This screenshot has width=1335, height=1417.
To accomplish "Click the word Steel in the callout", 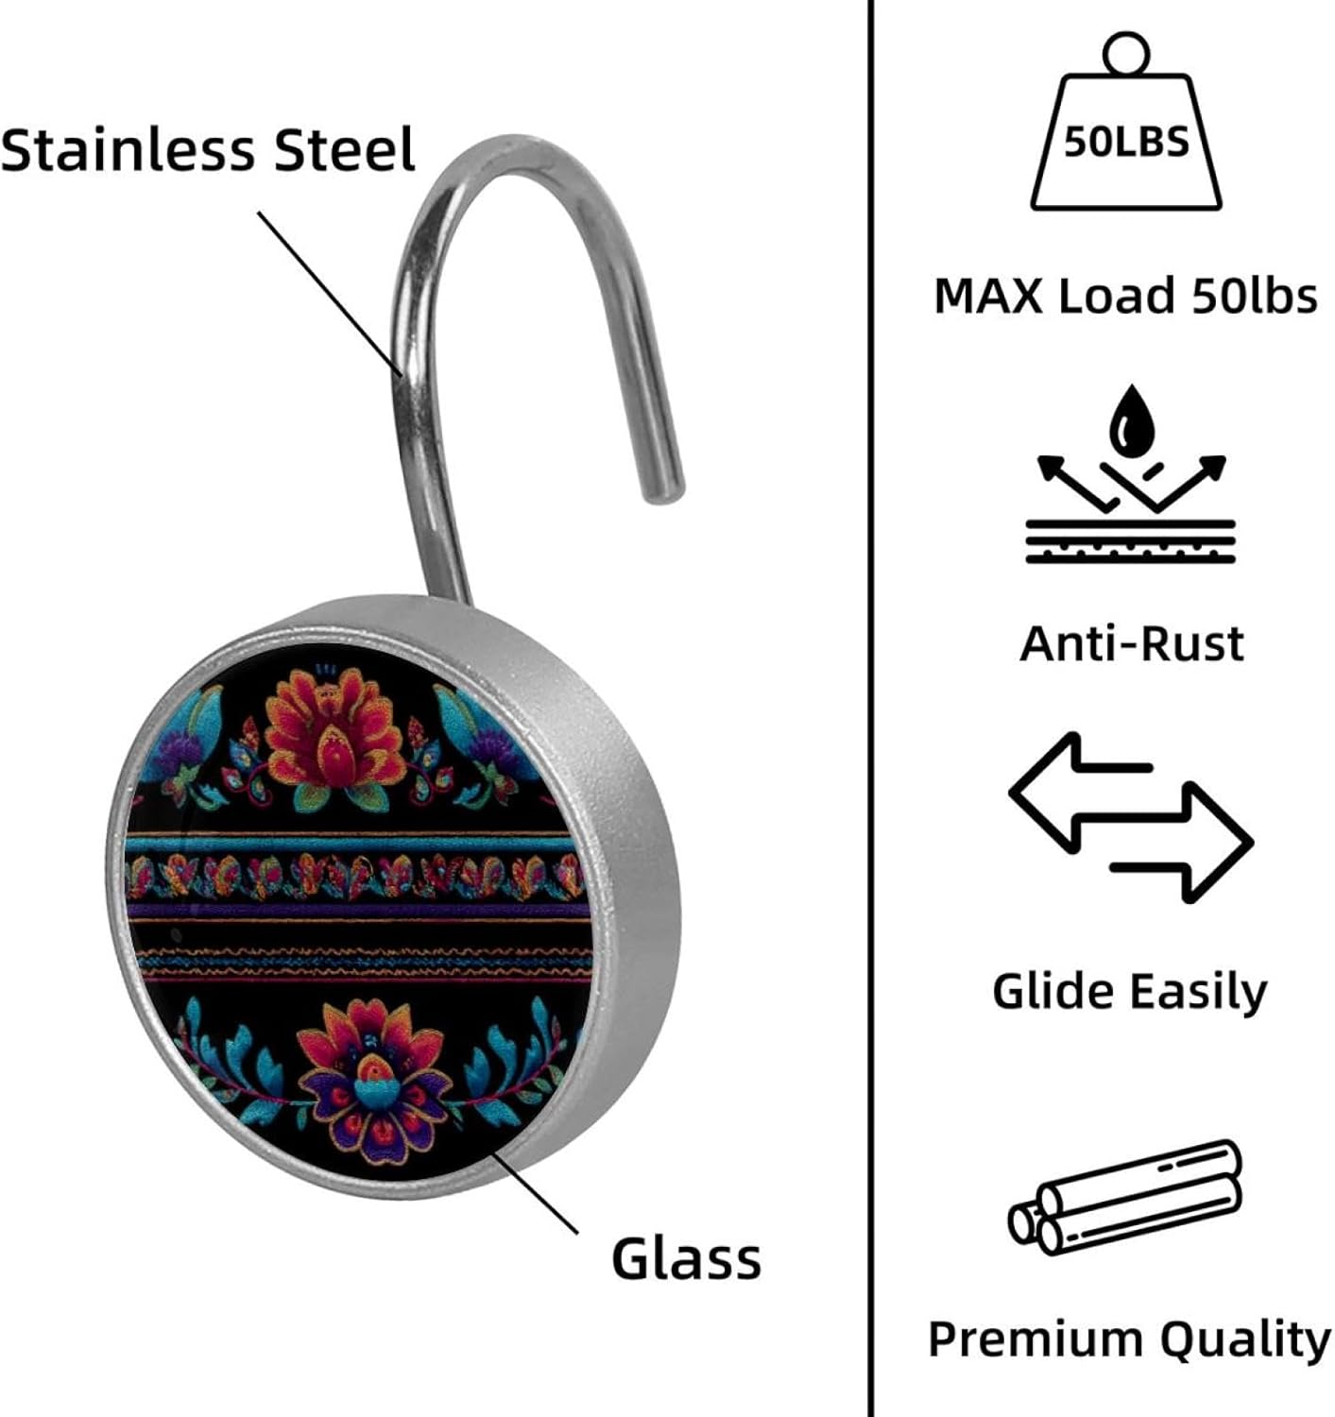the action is pos(345,150).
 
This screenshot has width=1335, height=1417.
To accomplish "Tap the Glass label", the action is pos(686,1258).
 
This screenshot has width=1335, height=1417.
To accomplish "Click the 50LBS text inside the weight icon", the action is pos(1126,143).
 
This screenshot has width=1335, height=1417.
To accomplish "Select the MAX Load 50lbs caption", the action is pos(1125,296).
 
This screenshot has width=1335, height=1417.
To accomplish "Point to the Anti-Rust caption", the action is pos(1131,643).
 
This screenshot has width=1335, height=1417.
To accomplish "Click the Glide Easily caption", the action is pos(1130,991).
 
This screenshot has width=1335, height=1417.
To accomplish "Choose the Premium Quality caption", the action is pos(1129,1339).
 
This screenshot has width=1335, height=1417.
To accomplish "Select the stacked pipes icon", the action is pos(1125,1197).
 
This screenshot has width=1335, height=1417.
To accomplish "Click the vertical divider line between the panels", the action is pos(869,708).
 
